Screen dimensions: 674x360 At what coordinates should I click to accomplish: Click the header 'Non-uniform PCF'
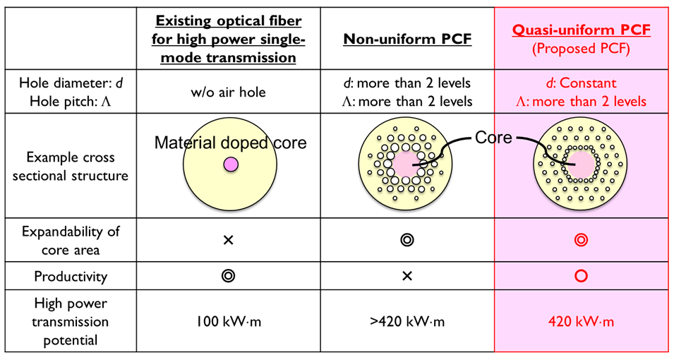[x=407, y=39]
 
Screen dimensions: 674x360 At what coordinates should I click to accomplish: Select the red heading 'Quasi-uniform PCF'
[x=581, y=30]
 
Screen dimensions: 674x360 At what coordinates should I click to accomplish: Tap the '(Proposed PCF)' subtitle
[x=581, y=49]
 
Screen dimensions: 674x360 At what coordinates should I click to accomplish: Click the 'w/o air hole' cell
[x=228, y=92]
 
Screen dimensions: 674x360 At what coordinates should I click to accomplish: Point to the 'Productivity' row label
[x=71, y=276]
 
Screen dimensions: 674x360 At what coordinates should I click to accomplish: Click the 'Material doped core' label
[x=230, y=143]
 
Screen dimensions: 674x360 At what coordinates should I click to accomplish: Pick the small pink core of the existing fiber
[x=231, y=164]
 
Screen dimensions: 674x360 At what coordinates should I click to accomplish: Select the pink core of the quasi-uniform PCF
[x=580, y=164]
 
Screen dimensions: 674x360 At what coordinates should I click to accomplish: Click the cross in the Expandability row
[x=228, y=240]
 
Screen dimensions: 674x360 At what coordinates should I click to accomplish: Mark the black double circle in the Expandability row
[x=407, y=239]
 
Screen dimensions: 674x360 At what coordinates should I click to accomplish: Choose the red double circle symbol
[x=581, y=239]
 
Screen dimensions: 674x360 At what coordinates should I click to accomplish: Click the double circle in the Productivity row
[x=228, y=276]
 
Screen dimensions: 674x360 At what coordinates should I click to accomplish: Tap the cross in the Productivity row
[x=407, y=276]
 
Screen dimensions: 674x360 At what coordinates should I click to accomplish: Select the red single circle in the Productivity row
[x=581, y=276]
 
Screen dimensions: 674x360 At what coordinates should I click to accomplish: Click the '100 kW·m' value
[x=228, y=321]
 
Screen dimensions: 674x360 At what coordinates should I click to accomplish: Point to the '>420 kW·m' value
[x=407, y=321]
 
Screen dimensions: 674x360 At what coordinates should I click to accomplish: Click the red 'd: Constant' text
[x=581, y=83]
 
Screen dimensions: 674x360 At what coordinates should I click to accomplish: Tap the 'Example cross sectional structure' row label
[x=71, y=166]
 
